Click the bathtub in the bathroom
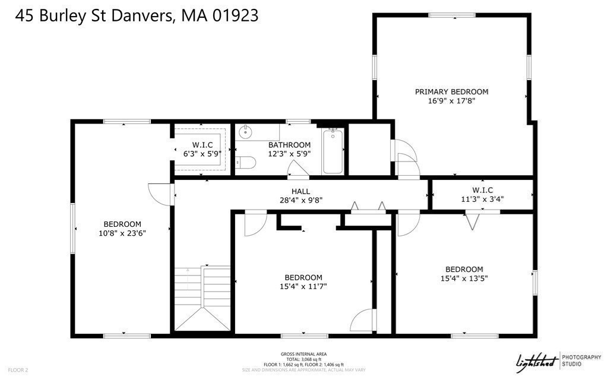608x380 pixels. [332, 151]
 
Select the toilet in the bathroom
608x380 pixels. [245, 162]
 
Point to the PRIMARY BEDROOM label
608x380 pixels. [451, 91]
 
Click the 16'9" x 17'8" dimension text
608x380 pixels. [451, 101]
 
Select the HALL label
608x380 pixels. [301, 191]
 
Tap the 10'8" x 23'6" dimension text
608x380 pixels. [122, 233]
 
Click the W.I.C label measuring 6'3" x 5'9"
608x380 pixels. [202, 145]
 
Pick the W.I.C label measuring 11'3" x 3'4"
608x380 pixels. [483, 190]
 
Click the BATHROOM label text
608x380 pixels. [289, 145]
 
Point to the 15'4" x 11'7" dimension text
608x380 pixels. [303, 287]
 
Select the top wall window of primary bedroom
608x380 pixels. [451, 15]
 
